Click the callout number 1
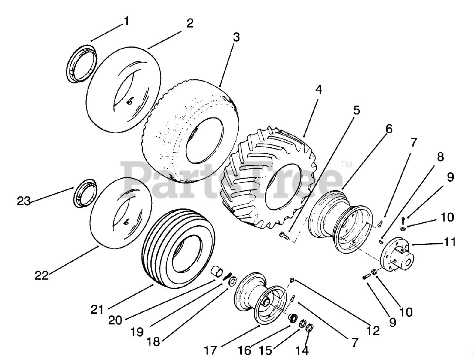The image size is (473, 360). point(127,21)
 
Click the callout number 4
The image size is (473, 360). point(319,90)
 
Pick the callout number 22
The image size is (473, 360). point(42,275)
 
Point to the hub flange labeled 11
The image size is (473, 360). point(397,254)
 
